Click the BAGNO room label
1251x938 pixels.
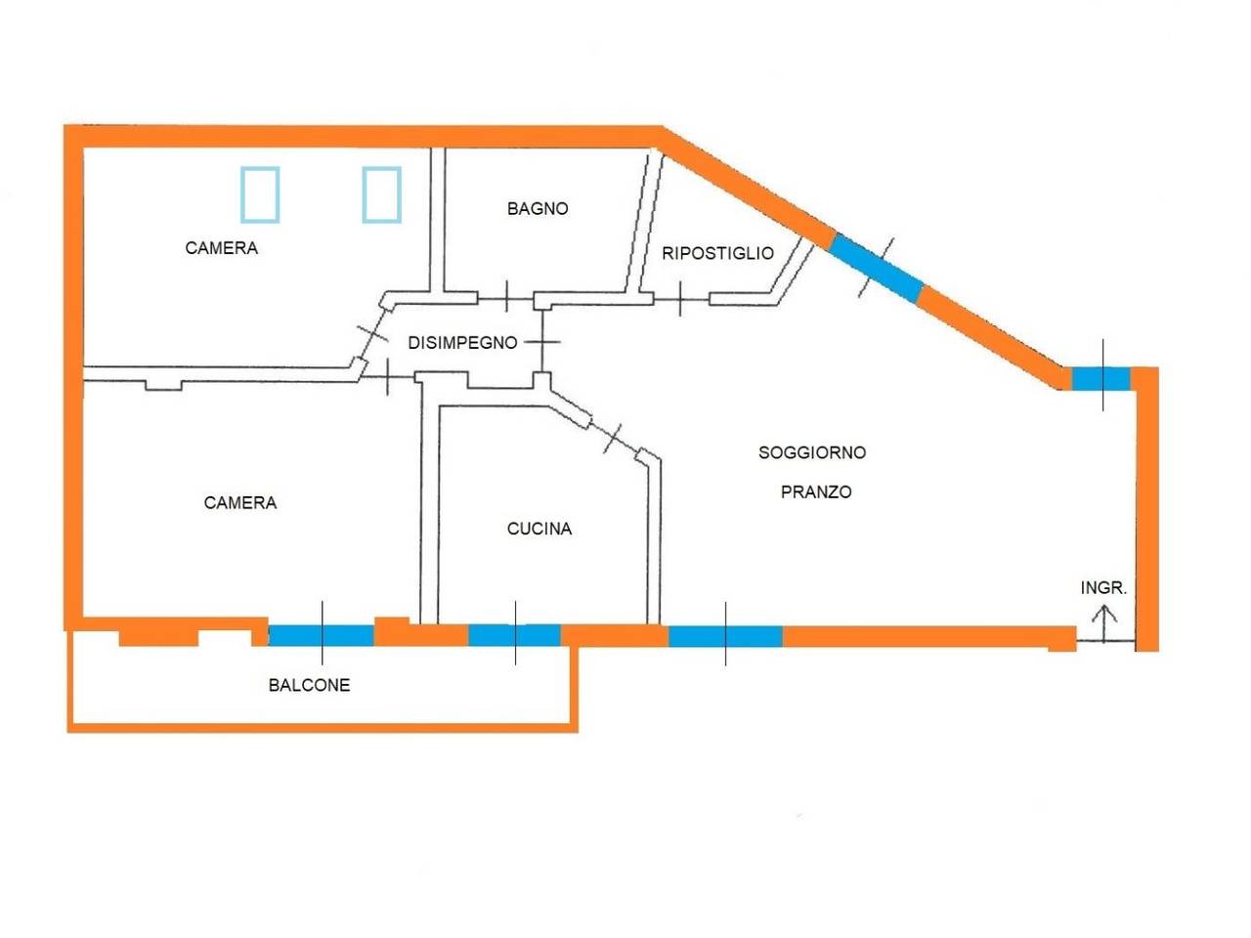pos(538,208)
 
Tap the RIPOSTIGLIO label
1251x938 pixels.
pos(717,253)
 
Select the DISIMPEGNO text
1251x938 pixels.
pos(462,343)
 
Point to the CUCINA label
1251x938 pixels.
pos(539,529)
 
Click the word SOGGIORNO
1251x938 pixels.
pos(812,452)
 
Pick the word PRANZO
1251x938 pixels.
pos(816,492)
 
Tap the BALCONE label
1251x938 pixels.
pos(309,685)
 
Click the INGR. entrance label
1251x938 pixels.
pos(1103,588)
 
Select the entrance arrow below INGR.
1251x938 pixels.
pos(1104,622)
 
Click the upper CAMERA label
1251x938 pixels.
pos(222,248)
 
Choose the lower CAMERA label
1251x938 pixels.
pos(240,502)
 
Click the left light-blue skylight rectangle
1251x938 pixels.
pos(261,193)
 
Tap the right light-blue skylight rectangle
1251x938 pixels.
pos(381,193)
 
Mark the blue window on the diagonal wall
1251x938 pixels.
pos(876,267)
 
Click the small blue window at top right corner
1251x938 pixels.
pos(1101,378)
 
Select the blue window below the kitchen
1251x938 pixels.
pos(514,635)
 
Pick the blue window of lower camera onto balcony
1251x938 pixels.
pos(321,635)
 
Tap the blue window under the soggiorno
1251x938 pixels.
pos(725,636)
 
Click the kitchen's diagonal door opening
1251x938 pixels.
pos(615,438)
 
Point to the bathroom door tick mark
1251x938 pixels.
pos(506,294)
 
